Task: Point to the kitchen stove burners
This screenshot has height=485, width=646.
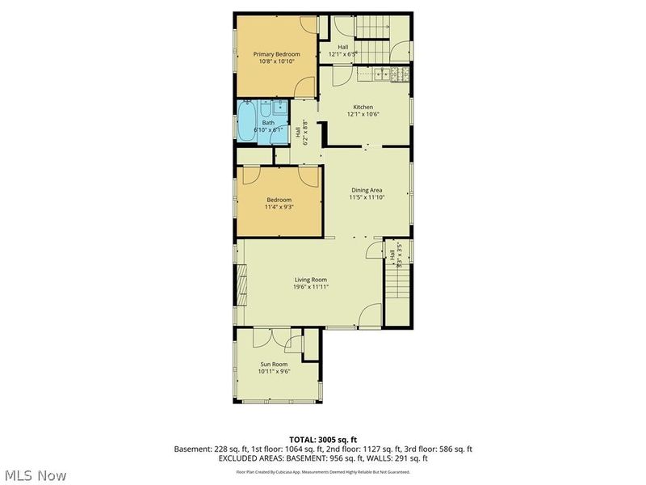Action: pos(399,75)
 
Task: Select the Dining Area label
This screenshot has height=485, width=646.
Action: pos(366,189)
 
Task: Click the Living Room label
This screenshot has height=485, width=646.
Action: pos(310,279)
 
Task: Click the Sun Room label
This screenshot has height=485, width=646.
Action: pos(274,364)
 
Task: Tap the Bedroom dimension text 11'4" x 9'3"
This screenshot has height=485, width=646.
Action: pos(279,207)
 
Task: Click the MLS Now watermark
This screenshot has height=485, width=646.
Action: pos(35,475)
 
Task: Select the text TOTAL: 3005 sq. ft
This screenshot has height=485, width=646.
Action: pos(322,439)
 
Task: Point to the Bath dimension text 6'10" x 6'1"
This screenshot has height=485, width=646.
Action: pos(258,129)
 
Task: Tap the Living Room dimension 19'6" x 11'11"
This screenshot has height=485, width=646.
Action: pos(310,287)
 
